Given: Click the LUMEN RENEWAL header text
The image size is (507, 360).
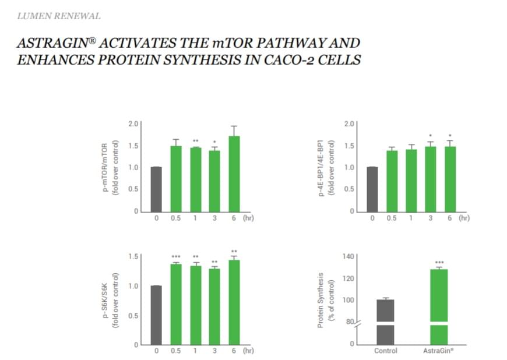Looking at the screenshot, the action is (58, 16).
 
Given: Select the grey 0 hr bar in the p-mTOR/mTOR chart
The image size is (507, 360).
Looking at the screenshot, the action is (156, 189).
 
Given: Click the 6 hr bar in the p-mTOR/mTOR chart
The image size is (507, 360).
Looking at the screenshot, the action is (234, 174).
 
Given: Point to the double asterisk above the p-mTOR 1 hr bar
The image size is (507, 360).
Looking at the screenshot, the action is (195, 141).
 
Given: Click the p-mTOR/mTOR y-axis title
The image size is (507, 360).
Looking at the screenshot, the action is (110, 168).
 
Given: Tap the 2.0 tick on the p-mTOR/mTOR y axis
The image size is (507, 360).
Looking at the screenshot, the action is (133, 123).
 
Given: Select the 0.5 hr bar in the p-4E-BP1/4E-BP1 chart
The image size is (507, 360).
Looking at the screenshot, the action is (392, 181).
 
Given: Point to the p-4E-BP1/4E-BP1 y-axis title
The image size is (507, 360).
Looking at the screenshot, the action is (326, 168).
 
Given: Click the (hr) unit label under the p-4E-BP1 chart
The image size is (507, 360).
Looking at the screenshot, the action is (464, 218).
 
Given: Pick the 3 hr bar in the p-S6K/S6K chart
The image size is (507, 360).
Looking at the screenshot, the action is (214, 306).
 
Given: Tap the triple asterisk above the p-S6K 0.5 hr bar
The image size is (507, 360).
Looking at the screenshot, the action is (176, 257).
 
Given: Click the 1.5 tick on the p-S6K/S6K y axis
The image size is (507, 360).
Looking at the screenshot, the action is (133, 256).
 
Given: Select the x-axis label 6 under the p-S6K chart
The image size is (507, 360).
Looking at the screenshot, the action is (234, 351).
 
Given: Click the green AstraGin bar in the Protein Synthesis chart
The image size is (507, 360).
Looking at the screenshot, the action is (439, 307).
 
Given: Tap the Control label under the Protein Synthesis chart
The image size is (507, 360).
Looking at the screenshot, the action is (385, 351).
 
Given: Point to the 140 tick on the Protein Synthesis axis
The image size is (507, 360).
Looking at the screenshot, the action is (348, 256).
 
